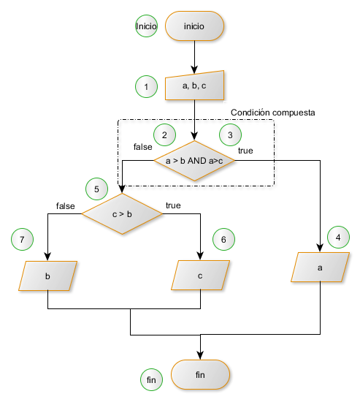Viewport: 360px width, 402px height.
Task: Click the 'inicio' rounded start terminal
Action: pyautogui.click(x=194, y=26)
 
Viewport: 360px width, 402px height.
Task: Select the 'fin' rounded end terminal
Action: pyautogui.click(x=200, y=375)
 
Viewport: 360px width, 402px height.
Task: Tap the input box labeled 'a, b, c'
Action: pyautogui.click(x=194, y=86)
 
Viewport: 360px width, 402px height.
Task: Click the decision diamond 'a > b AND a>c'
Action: pyautogui.click(x=194, y=161)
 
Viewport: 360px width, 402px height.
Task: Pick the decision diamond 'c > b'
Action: pyautogui.click(x=122, y=213)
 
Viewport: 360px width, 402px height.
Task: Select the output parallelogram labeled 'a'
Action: pyautogui.click(x=320, y=268)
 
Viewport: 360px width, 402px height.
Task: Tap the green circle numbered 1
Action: pyautogui.click(x=146, y=87)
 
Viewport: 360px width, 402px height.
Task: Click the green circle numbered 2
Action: pyautogui.click(x=164, y=135)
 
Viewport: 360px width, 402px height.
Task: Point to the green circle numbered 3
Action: pyautogui.click(x=230, y=135)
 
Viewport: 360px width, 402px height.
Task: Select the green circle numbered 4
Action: pyautogui.click(x=338, y=238)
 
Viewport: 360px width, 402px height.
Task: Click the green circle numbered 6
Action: pyautogui.click(x=223, y=240)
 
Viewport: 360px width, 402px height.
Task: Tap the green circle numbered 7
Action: pyautogui.click(x=23, y=240)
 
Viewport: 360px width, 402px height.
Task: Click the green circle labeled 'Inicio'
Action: pyautogui.click(x=146, y=26)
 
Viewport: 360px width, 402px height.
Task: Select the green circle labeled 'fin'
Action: pyautogui.click(x=151, y=379)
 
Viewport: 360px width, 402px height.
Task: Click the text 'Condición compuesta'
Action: pyautogui.click(x=272, y=113)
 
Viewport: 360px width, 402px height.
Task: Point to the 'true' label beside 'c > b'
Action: pyautogui.click(x=174, y=206)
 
